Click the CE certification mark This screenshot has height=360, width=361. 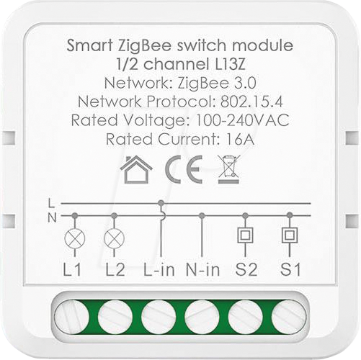coord(184,169)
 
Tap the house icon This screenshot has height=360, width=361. coord(136,169)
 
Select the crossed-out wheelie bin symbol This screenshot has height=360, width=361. coord(229,169)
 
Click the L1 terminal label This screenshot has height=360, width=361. coord(72,269)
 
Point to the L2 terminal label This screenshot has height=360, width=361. coord(115,269)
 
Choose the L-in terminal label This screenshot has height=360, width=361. coord(159,269)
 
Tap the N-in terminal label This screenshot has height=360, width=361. coord(203,269)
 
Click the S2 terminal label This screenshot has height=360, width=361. coord(246,269)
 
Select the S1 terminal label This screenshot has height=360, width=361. coord(290,269)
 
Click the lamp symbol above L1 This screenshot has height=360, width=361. coord(75,239)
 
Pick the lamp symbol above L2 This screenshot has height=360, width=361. coord(115,239)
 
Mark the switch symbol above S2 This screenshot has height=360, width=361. coord(245,235)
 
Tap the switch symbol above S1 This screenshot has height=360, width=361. coord(290,235)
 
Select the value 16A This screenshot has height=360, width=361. coord(241,139)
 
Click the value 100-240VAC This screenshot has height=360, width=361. coord(243,120)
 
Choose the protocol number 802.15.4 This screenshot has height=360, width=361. coord(251,102)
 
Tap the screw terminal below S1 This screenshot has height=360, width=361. coord(289,318)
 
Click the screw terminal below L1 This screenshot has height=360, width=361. coord(71,318)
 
